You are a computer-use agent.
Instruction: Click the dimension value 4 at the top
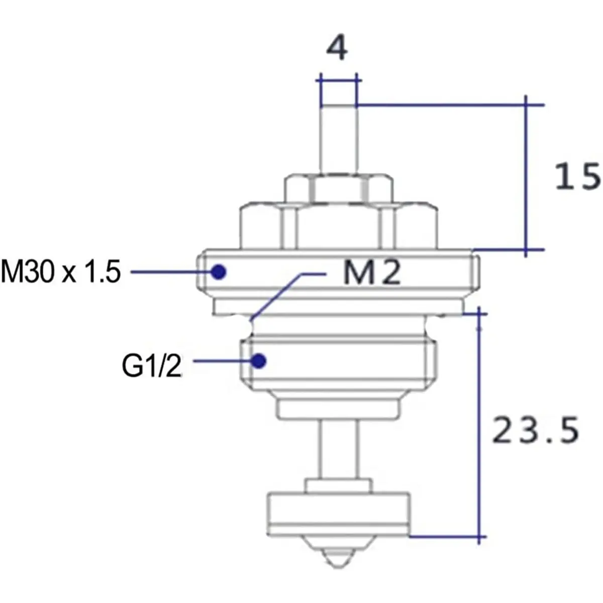pyautogui.click(x=337, y=49)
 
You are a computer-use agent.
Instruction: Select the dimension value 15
pyautogui.click(x=577, y=177)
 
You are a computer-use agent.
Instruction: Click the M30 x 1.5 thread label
pyautogui.click(x=61, y=272)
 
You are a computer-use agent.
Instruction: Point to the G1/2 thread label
pyautogui.click(x=151, y=366)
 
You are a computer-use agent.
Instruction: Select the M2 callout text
pyautogui.click(x=372, y=273)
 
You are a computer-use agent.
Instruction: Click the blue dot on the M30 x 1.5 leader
pyautogui.click(x=219, y=272)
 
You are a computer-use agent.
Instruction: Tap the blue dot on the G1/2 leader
pyautogui.click(x=259, y=360)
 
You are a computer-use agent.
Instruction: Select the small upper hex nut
pyautogui.click(x=338, y=189)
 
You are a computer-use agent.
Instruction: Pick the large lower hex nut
pyautogui.click(x=338, y=226)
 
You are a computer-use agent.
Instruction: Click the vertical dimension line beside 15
pyautogui.click(x=526, y=176)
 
